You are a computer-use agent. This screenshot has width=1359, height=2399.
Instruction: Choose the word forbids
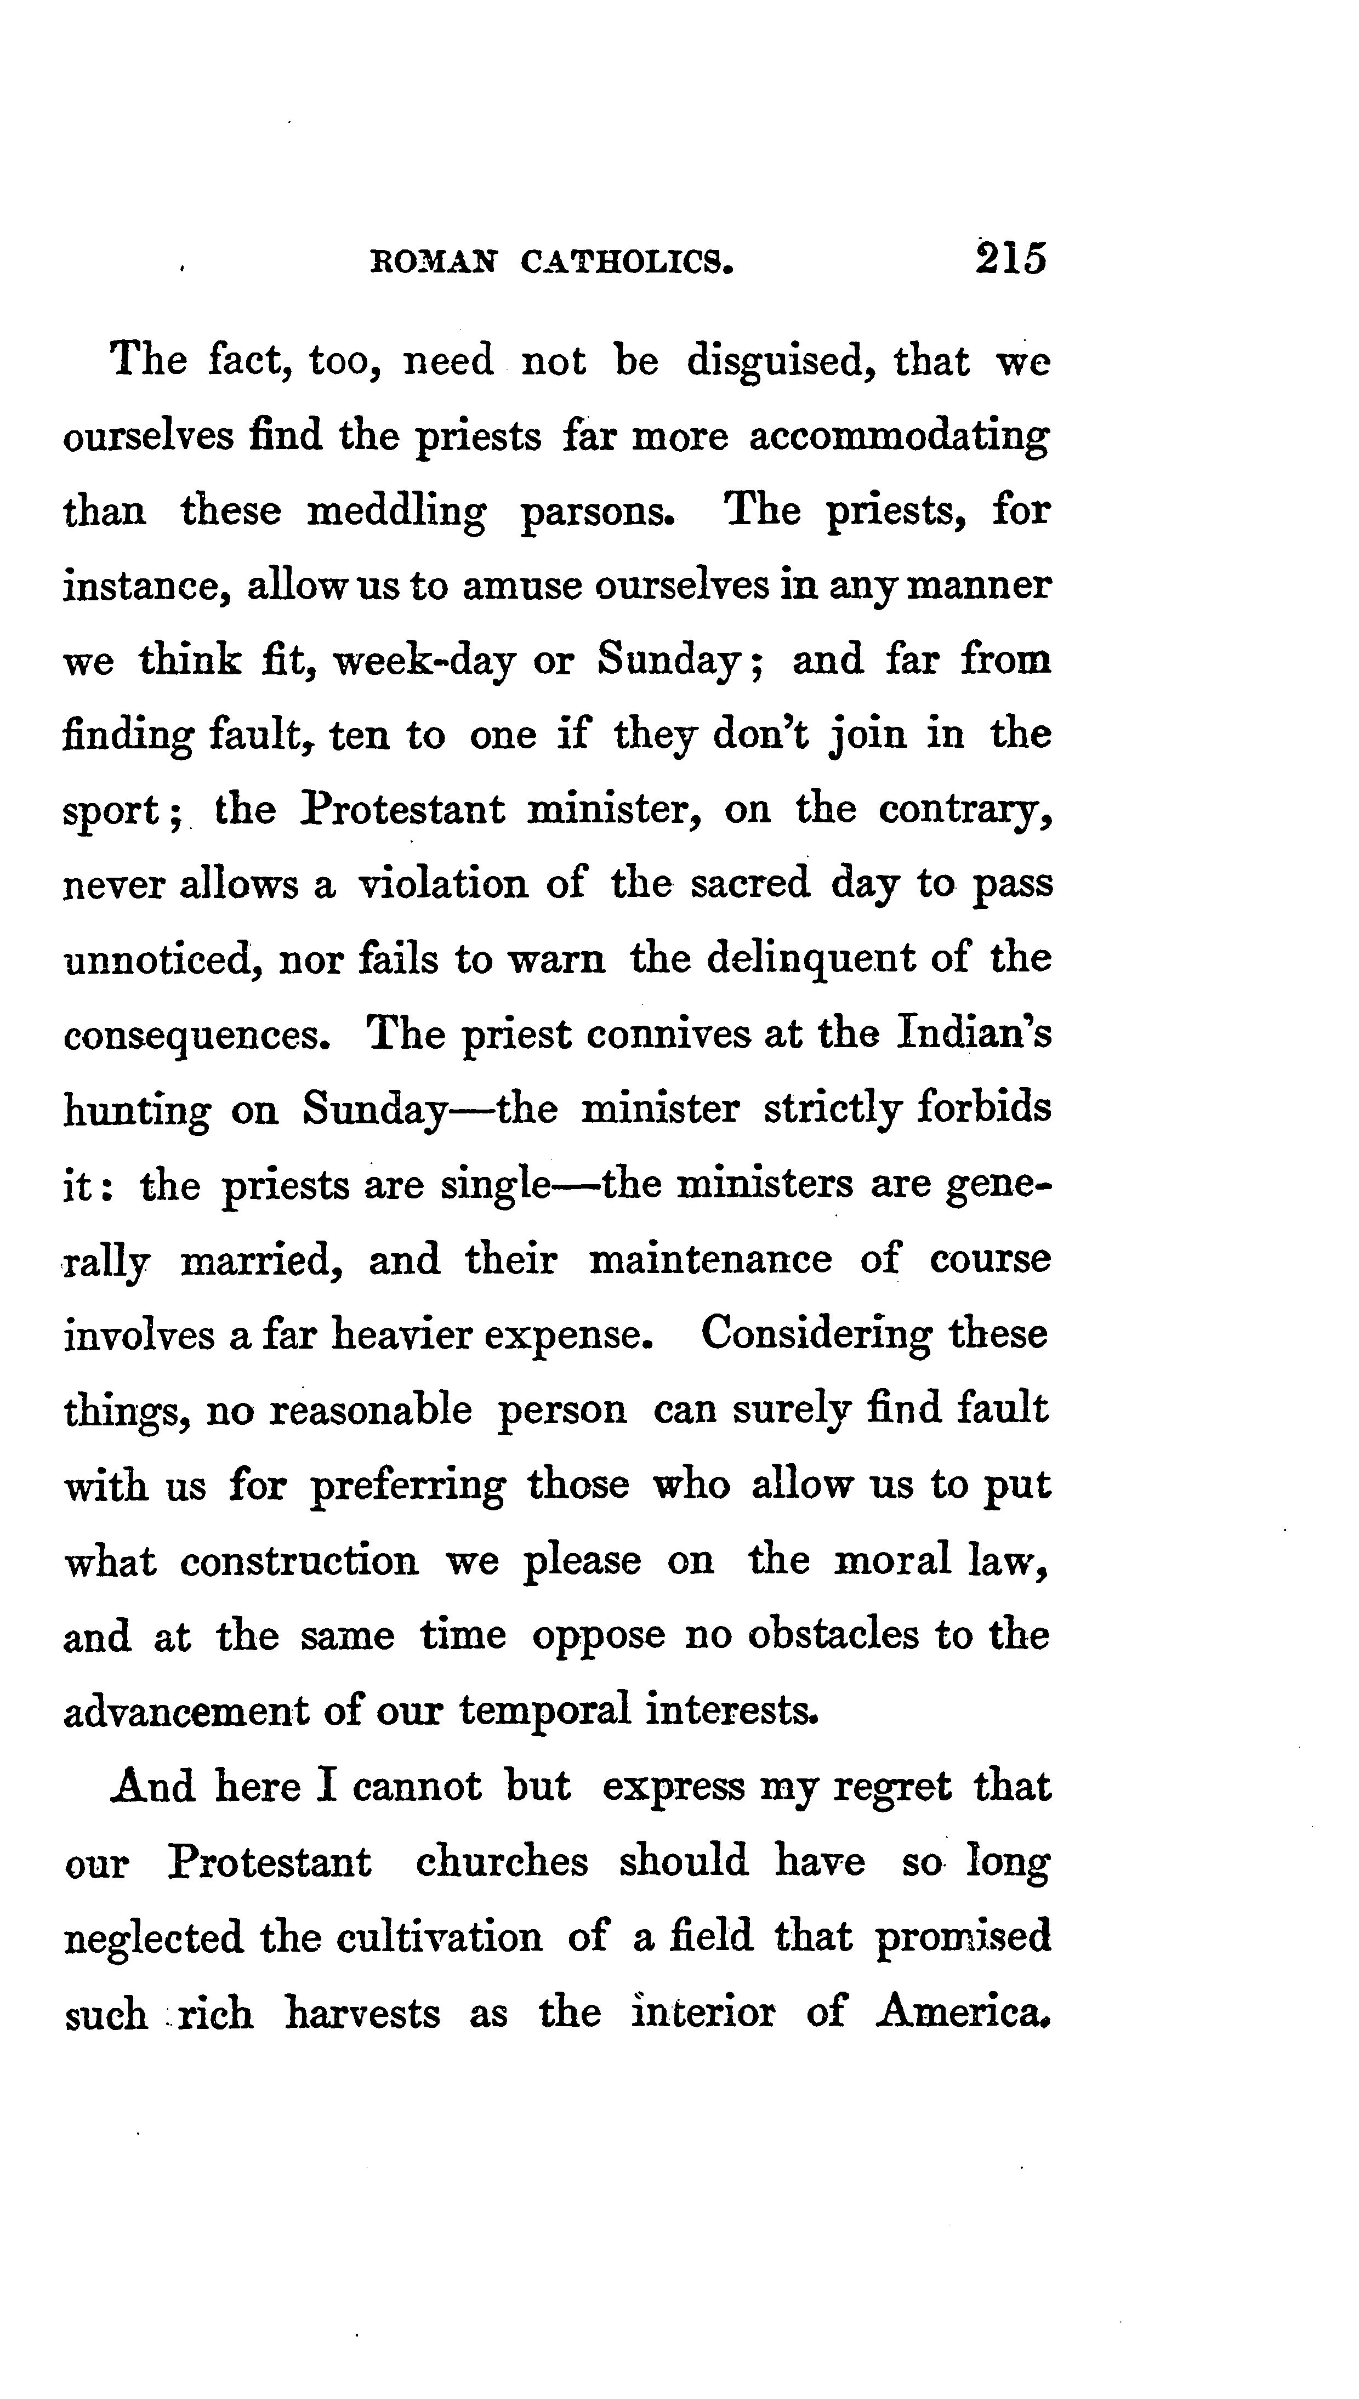coord(984,1108)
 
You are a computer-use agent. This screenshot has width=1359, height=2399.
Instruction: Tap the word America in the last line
coord(962,2012)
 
